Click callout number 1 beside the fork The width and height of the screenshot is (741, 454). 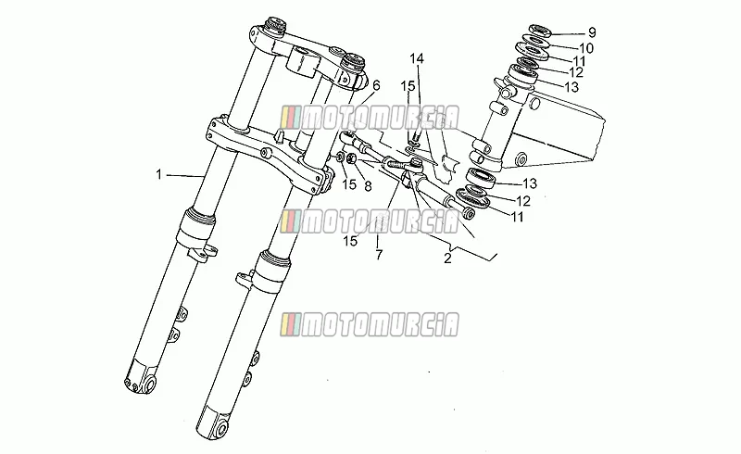[159, 174]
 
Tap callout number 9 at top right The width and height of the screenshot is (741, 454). [592, 32]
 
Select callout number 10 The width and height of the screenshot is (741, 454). [586, 48]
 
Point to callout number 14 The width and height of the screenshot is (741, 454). [417, 58]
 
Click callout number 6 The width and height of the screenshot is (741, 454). [376, 85]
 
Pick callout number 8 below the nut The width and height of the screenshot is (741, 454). [368, 186]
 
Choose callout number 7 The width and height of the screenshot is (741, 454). [379, 255]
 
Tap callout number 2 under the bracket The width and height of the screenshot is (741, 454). [447, 259]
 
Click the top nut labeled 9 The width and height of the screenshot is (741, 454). [537, 32]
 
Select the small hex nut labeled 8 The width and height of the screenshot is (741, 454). [351, 158]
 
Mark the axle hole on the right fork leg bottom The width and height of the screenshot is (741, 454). [220, 429]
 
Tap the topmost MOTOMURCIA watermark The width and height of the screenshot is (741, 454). [369, 118]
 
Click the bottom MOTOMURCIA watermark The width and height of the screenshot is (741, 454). [369, 325]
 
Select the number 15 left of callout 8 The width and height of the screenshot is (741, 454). [349, 184]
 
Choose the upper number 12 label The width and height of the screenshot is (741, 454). [576, 72]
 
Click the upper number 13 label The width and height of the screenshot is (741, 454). [571, 87]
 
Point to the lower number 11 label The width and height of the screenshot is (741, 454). [518, 217]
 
